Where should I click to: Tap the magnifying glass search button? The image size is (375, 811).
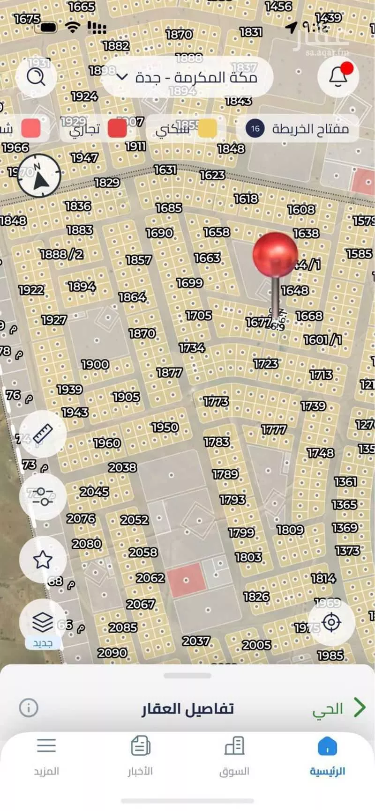pyautogui.click(x=36, y=76)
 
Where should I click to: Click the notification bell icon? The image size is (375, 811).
pyautogui.click(x=338, y=76)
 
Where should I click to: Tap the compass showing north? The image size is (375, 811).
pyautogui.click(x=39, y=176)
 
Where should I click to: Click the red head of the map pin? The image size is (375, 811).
pyautogui.click(x=275, y=254)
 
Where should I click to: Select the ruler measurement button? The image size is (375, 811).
pyautogui.click(x=43, y=434)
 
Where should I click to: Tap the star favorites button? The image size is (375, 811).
pyautogui.click(x=43, y=560)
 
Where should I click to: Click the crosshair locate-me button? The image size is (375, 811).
pyautogui.click(x=332, y=623)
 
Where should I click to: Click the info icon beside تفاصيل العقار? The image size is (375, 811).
pyautogui.click(x=29, y=708)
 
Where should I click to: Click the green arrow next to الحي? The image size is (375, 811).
pyautogui.click(x=359, y=708)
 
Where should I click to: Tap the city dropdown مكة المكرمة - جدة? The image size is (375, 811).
pyautogui.click(x=187, y=77)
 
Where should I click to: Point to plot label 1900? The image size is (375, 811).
pyautogui.click(x=95, y=364)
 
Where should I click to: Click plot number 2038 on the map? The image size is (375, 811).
pyautogui.click(x=122, y=467)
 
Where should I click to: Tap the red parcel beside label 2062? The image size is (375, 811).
pyautogui.click(x=186, y=580)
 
